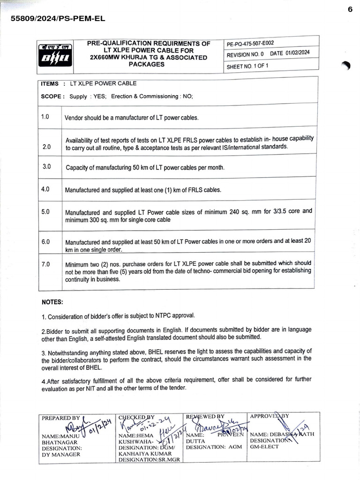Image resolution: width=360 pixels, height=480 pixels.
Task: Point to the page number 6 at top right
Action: pos(350,9)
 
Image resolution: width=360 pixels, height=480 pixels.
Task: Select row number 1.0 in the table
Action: pos(45,116)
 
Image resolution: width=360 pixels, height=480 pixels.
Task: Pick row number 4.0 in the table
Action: pos(45,189)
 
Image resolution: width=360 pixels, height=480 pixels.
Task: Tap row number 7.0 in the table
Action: pos(45,264)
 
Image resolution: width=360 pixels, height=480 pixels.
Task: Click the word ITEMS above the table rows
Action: pos(50,84)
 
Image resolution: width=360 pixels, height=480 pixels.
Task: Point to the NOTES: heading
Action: pos(52,302)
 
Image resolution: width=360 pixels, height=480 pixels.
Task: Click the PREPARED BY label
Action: pos(60,418)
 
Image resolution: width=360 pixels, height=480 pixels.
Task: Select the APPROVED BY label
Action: pos(270,416)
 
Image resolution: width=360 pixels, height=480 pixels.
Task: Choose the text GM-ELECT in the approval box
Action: pos(264,447)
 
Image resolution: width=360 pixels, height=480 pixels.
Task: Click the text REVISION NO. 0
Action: pos(246,54)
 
